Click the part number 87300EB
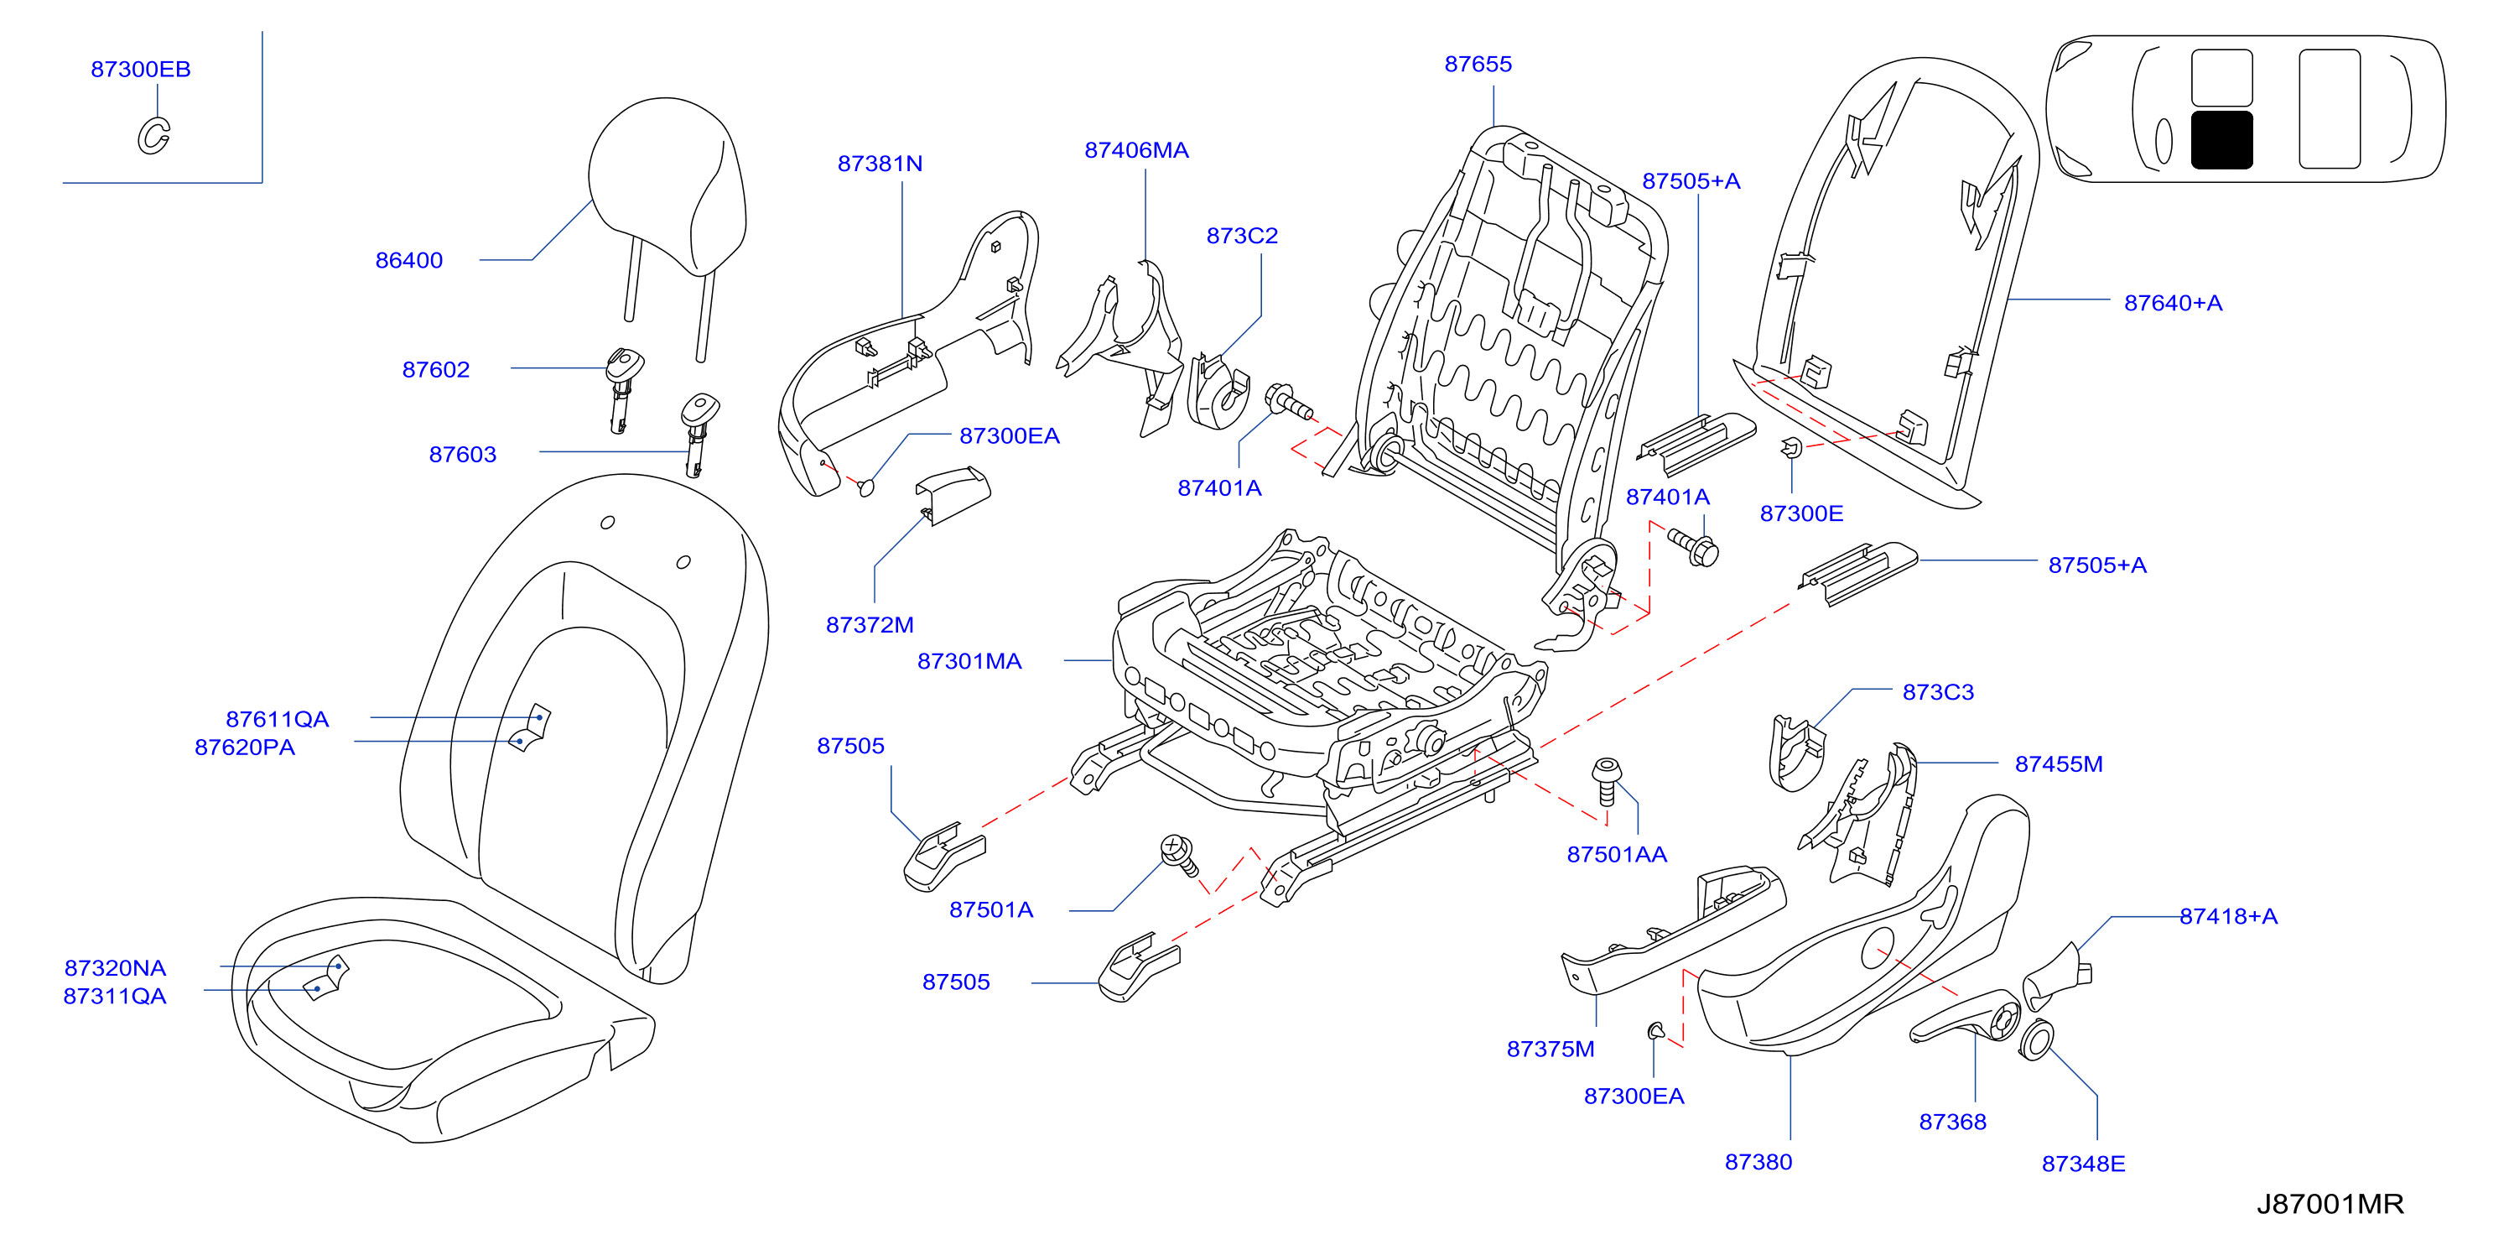click(x=140, y=69)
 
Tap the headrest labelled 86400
click(x=668, y=185)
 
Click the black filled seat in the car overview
click(x=2221, y=140)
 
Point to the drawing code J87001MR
click(x=2330, y=1204)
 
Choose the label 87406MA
click(x=1136, y=150)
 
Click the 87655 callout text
click(x=1478, y=65)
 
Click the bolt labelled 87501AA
click(x=1606, y=781)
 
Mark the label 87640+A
click(x=2173, y=303)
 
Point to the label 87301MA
click(x=969, y=661)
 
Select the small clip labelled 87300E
click(x=1791, y=447)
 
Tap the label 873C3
click(x=1938, y=693)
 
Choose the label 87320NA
click(x=115, y=968)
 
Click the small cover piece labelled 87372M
click(x=953, y=495)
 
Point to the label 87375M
click(x=1551, y=1050)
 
